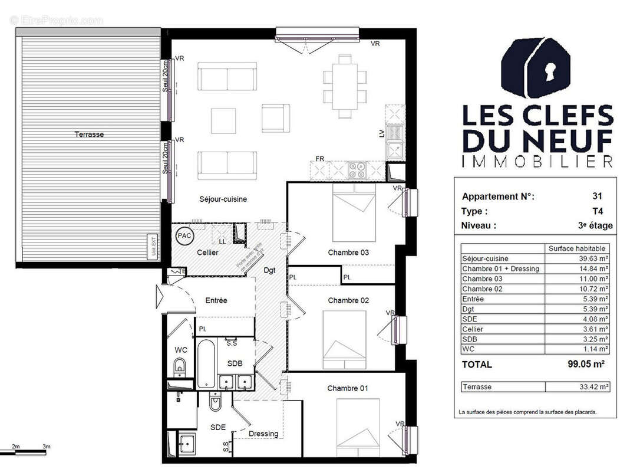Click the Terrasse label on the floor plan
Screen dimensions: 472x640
(89, 135)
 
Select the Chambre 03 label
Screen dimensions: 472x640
(348, 253)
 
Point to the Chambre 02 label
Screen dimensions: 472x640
(348, 300)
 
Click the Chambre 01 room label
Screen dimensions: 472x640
(348, 388)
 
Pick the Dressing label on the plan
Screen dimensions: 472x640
(263, 434)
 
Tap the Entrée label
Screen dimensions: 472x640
(216, 300)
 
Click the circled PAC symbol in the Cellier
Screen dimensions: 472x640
(184, 235)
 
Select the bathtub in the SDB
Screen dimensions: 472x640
(206, 364)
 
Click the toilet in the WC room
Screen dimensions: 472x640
(180, 367)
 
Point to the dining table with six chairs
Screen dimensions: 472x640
(345, 86)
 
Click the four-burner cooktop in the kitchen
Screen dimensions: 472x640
(358, 170)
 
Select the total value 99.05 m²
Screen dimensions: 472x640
(585, 365)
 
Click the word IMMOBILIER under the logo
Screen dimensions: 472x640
(537, 161)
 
